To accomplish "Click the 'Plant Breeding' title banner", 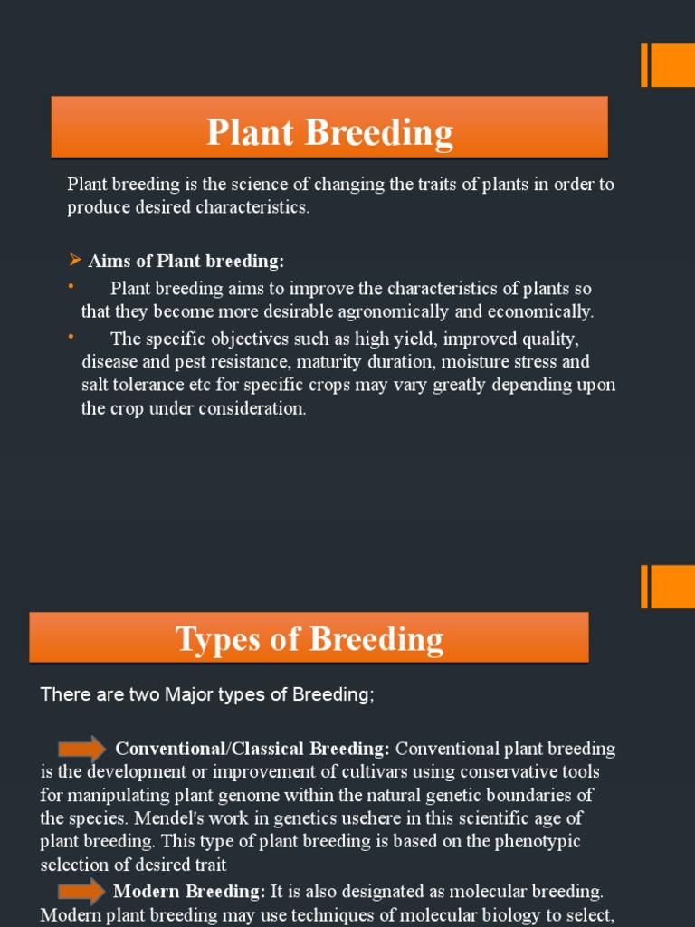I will pos(329,132).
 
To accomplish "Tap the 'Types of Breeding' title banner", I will pos(309,639).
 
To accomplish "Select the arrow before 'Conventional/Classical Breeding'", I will pos(82,748).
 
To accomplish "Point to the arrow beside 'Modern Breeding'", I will pos(81,891).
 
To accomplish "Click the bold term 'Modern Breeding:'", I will pos(189,892).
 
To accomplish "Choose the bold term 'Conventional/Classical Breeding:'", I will pos(253,749).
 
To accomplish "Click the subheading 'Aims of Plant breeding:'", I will pos(186,262).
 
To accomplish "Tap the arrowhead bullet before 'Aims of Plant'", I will pos(75,261).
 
